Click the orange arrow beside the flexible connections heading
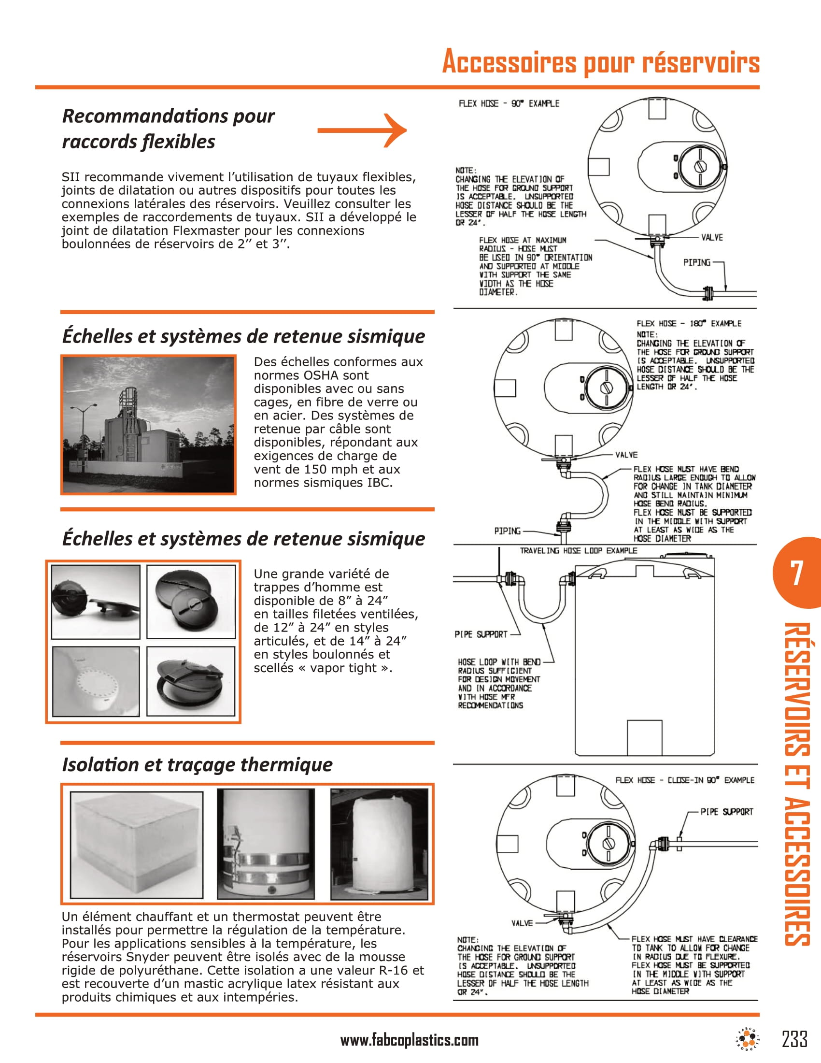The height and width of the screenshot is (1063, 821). tap(362, 130)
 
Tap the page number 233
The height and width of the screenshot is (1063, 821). tap(794, 1039)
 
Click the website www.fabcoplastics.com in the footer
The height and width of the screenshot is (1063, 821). tap(409, 1040)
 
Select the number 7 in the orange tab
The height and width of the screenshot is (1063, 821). tap(796, 573)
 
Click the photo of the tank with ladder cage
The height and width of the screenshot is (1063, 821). tap(148, 425)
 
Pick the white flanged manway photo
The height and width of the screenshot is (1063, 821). tap(96, 681)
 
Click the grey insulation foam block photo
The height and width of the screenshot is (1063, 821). tap(137, 845)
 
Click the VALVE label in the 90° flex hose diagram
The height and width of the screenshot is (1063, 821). tap(711, 238)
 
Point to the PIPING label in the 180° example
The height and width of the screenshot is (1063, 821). tap(507, 531)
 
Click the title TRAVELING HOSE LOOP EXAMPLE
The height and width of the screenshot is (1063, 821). tap(578, 550)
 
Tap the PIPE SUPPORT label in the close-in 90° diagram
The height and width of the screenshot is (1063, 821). tap(727, 812)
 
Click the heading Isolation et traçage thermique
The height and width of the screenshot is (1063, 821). tap(197, 764)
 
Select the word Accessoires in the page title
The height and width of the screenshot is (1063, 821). tap(509, 62)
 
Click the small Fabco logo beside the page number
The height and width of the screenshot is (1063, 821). tap(748, 1039)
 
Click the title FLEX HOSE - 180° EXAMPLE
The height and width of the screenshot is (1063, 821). tap(689, 324)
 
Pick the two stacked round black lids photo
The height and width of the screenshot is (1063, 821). tap(191, 601)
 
